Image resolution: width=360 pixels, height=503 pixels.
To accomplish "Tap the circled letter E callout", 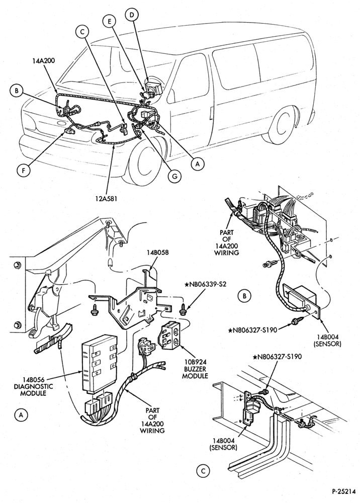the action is (x=110, y=22).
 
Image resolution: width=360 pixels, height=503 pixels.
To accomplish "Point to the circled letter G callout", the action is (x=174, y=176).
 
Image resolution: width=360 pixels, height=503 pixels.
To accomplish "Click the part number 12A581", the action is (x=106, y=199).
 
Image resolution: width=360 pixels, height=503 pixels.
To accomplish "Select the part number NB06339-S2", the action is (x=206, y=285).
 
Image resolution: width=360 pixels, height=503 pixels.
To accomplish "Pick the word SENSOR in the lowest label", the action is (x=223, y=448).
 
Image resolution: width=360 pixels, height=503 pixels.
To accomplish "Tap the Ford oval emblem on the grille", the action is (x=61, y=123).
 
